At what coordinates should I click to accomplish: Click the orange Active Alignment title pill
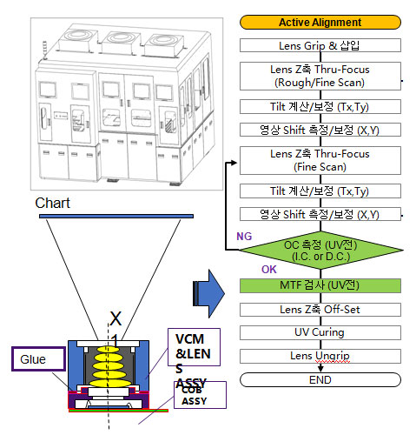coord(320,23)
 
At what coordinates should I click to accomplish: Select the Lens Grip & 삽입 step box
coord(320,45)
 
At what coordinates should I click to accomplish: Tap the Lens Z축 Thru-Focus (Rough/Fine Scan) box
coord(320,76)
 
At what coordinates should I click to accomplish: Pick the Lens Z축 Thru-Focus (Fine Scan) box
coord(320,160)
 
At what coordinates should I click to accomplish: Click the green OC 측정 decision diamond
coord(320,251)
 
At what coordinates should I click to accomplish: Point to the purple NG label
coord(244,237)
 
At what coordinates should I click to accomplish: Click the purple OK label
coord(269,270)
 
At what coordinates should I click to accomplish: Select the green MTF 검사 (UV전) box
coord(320,285)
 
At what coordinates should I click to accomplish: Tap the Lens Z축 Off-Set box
coord(320,310)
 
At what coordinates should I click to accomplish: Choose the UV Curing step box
coord(320,332)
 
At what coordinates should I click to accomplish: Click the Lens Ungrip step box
coord(320,356)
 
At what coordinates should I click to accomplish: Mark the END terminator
coord(320,380)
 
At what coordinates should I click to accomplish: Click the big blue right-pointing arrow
coord(208,293)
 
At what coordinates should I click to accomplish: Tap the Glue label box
coord(38,359)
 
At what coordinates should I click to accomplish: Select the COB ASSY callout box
coord(200,395)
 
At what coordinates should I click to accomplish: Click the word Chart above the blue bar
coord(52,203)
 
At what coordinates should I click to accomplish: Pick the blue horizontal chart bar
coord(116,216)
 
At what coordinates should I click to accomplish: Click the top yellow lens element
coord(108,349)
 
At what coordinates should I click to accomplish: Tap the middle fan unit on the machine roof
coord(119,43)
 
